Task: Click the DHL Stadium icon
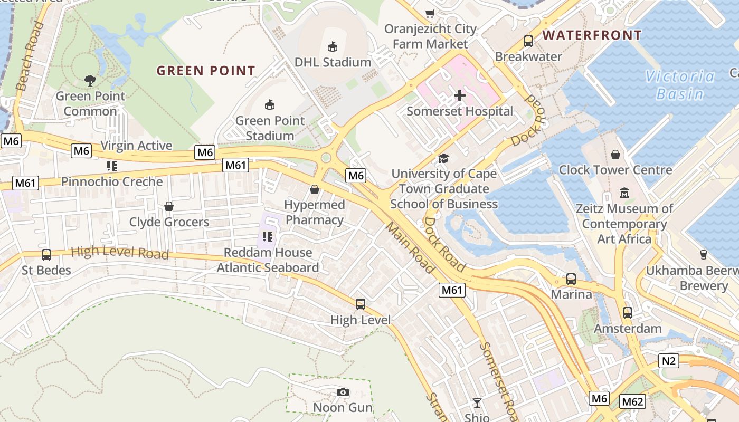pyautogui.click(x=333, y=47)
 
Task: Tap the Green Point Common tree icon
pyautogui.click(x=90, y=81)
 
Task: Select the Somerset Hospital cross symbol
pyautogui.click(x=460, y=95)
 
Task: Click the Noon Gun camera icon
pyautogui.click(x=343, y=392)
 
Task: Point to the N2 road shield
pyautogui.click(x=669, y=361)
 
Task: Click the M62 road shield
pyautogui.click(x=632, y=402)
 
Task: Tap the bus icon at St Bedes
pyautogui.click(x=46, y=255)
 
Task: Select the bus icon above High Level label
pyautogui.click(x=361, y=304)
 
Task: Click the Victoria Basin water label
pyautogui.click(x=680, y=85)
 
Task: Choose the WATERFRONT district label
pyautogui.click(x=592, y=35)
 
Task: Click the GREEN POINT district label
pyautogui.click(x=206, y=71)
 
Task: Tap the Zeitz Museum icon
pyautogui.click(x=624, y=193)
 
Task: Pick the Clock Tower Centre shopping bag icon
pyautogui.click(x=615, y=155)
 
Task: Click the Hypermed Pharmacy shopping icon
pyautogui.click(x=315, y=189)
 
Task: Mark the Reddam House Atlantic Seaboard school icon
pyautogui.click(x=267, y=237)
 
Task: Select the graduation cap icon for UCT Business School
pyautogui.click(x=443, y=158)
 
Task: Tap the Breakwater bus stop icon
pyautogui.click(x=528, y=41)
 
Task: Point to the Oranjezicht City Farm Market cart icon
pyautogui.click(x=430, y=13)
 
